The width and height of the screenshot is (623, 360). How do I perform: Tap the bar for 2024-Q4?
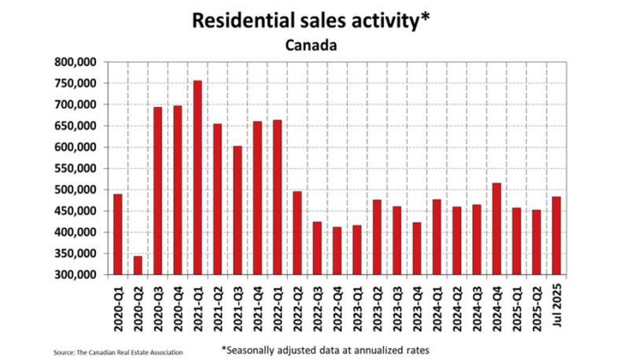point(496,229)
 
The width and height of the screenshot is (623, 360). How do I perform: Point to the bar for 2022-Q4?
point(337,251)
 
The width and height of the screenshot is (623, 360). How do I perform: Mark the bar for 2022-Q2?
point(297,233)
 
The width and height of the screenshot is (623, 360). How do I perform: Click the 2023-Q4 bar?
point(417,248)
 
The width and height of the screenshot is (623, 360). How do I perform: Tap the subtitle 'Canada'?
point(311,45)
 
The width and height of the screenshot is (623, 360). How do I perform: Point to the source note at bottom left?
point(119,351)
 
